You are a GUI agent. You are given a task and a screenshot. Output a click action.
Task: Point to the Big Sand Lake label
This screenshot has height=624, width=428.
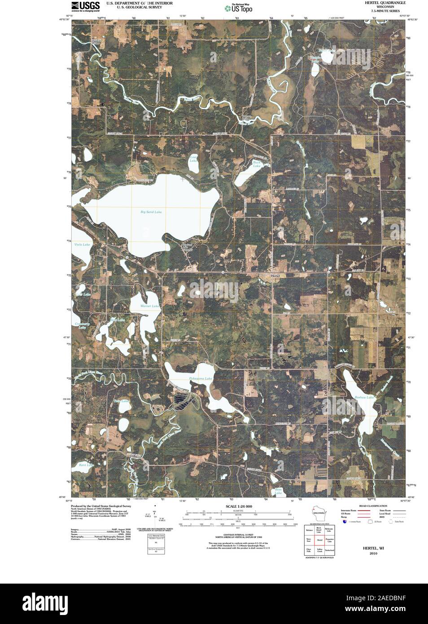[x=151, y=211]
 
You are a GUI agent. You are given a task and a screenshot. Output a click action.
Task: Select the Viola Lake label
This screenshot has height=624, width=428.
[x=82, y=245]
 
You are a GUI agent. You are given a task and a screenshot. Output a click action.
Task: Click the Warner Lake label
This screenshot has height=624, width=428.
[x=149, y=306]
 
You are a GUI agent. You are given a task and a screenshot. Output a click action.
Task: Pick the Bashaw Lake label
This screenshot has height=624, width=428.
[x=364, y=397]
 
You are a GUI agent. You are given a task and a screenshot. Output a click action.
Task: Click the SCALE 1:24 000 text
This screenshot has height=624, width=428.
[x=236, y=506]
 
